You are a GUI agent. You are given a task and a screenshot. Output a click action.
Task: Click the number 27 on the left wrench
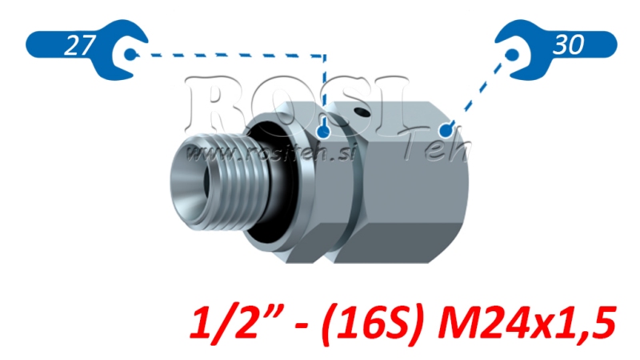point(77,46)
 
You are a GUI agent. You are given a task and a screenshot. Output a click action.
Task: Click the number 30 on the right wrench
point(568,46)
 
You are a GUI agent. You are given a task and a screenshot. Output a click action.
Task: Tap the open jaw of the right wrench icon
point(512,54)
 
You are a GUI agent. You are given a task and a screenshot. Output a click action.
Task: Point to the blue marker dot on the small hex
point(322,130)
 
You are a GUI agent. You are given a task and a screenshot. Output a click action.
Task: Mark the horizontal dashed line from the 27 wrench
point(232,55)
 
